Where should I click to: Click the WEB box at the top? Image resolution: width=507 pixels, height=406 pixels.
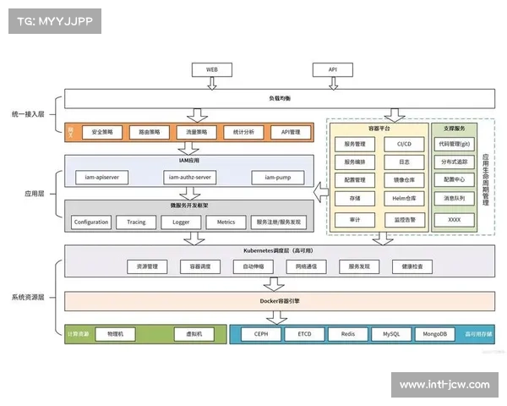(x=212, y=69)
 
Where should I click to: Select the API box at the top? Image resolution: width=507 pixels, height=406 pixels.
(x=333, y=69)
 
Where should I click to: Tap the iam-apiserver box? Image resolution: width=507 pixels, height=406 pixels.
(x=101, y=177)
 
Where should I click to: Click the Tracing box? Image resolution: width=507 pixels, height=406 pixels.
(x=136, y=222)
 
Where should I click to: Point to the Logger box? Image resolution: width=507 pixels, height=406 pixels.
(x=181, y=222)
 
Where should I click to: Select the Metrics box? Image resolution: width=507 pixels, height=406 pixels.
(x=226, y=222)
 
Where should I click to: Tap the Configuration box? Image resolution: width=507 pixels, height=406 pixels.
(x=90, y=222)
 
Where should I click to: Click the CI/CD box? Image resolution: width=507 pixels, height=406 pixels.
(x=404, y=144)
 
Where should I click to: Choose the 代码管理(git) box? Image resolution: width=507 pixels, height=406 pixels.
(x=455, y=144)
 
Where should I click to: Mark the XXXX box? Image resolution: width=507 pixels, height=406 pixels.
(x=455, y=219)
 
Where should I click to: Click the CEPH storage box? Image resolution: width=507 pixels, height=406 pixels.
(x=261, y=334)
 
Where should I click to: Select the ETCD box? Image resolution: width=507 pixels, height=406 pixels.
(x=305, y=334)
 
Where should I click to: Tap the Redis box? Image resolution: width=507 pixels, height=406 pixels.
(x=348, y=334)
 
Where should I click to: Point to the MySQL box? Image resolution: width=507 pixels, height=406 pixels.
(x=391, y=334)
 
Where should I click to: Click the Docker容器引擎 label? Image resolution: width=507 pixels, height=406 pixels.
(x=280, y=301)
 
